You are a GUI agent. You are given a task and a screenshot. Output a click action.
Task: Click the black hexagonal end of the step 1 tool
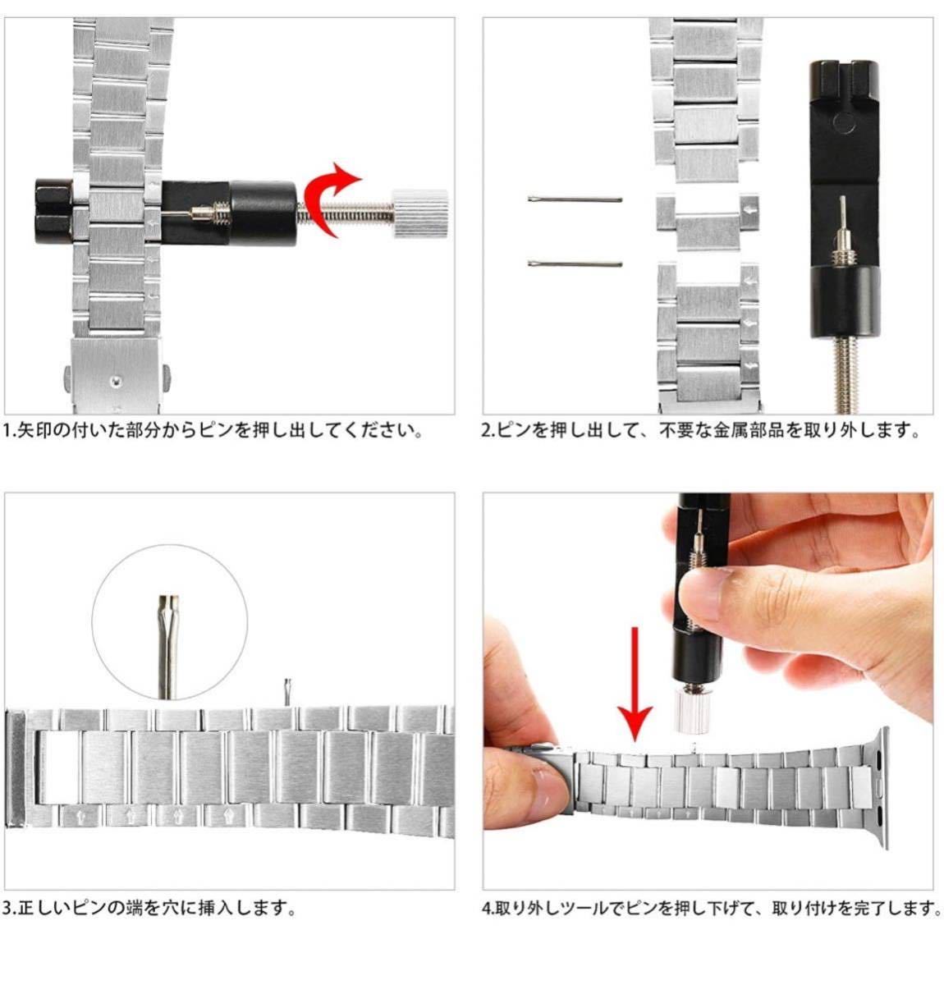pos(53,212)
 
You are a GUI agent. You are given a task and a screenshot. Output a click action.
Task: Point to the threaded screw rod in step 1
pos(344,213)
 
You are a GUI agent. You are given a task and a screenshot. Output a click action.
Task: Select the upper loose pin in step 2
pos(575,199)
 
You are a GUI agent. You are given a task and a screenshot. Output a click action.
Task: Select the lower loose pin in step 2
pos(575,263)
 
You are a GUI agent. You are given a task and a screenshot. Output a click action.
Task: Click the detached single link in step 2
pos(707,222)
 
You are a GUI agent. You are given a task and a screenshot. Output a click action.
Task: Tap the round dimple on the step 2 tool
pos(843,122)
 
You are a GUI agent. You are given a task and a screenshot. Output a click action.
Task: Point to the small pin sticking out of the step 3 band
pos(287,691)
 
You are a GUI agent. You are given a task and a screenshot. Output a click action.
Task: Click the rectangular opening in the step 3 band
pos(59,767)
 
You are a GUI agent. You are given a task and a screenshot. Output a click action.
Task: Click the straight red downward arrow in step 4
pos(635,683)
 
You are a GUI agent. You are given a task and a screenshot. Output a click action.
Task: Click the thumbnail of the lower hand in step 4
pos(548,788)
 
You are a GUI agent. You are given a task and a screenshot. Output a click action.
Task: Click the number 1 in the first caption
pos(7,430)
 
